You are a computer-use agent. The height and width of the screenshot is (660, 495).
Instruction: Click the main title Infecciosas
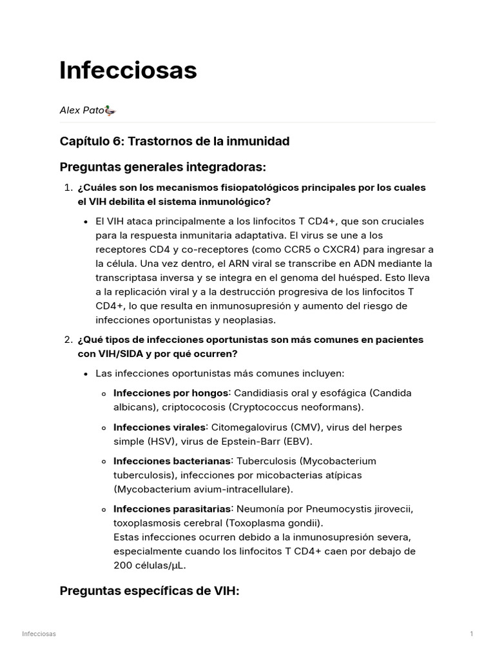[128, 70]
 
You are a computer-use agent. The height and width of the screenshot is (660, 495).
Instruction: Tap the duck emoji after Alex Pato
[110, 110]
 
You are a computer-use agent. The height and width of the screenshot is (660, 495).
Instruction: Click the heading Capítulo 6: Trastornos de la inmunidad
[174, 141]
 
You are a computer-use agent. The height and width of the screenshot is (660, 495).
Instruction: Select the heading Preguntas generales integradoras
[162, 167]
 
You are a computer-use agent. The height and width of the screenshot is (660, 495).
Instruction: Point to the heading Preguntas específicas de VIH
[149, 590]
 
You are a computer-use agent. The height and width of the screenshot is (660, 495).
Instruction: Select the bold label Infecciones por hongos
[171, 393]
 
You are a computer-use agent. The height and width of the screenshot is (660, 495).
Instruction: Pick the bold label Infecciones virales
[160, 427]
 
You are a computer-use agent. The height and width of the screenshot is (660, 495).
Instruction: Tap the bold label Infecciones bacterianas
[172, 461]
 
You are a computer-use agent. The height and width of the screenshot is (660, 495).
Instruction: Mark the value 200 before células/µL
[122, 565]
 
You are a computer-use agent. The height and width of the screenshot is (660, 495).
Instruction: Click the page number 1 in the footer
[471, 634]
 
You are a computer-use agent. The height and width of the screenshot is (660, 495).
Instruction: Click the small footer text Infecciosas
[39, 634]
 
